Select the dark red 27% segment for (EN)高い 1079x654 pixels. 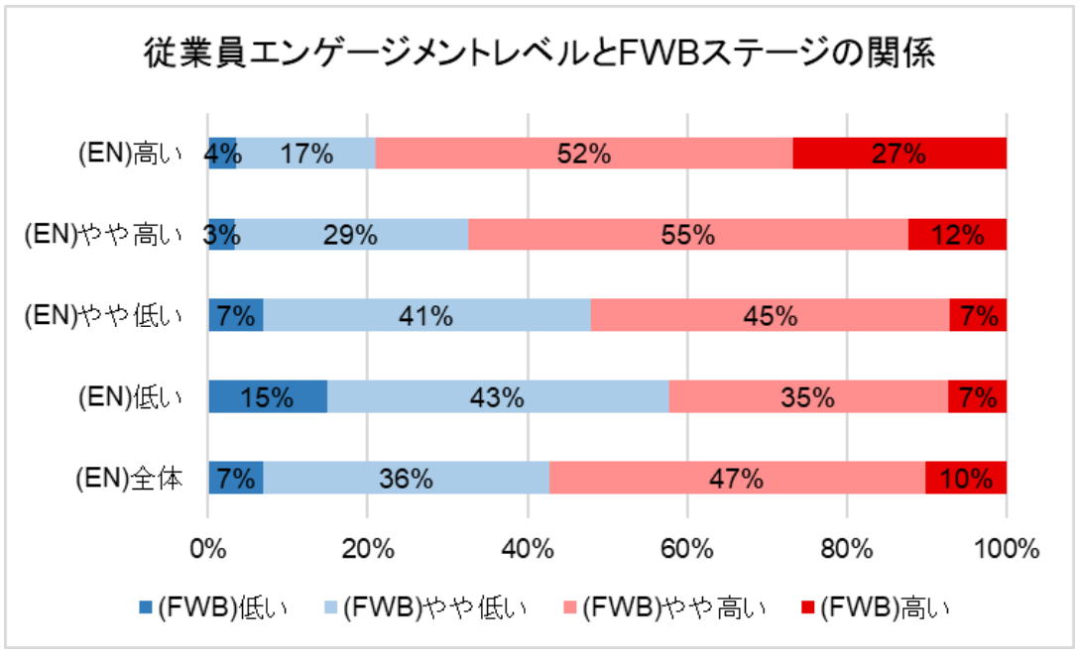point(899,154)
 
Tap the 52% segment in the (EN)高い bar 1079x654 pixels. point(584,154)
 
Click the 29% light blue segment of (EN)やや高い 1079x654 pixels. point(351,235)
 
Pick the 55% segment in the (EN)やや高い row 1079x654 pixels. point(688,235)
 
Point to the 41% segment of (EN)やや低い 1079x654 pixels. point(427,316)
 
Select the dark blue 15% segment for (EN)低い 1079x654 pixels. point(268,396)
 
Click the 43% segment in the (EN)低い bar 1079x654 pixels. point(498,396)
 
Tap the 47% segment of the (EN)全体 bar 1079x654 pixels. point(737,478)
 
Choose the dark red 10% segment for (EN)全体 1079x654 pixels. point(966,478)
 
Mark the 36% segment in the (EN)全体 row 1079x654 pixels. point(407,478)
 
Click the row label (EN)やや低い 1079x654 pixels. point(103,316)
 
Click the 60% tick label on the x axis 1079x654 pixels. point(687,547)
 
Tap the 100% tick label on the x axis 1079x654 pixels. point(1006,547)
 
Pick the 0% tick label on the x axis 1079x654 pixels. point(208,547)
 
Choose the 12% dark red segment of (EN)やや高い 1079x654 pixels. point(957,235)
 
